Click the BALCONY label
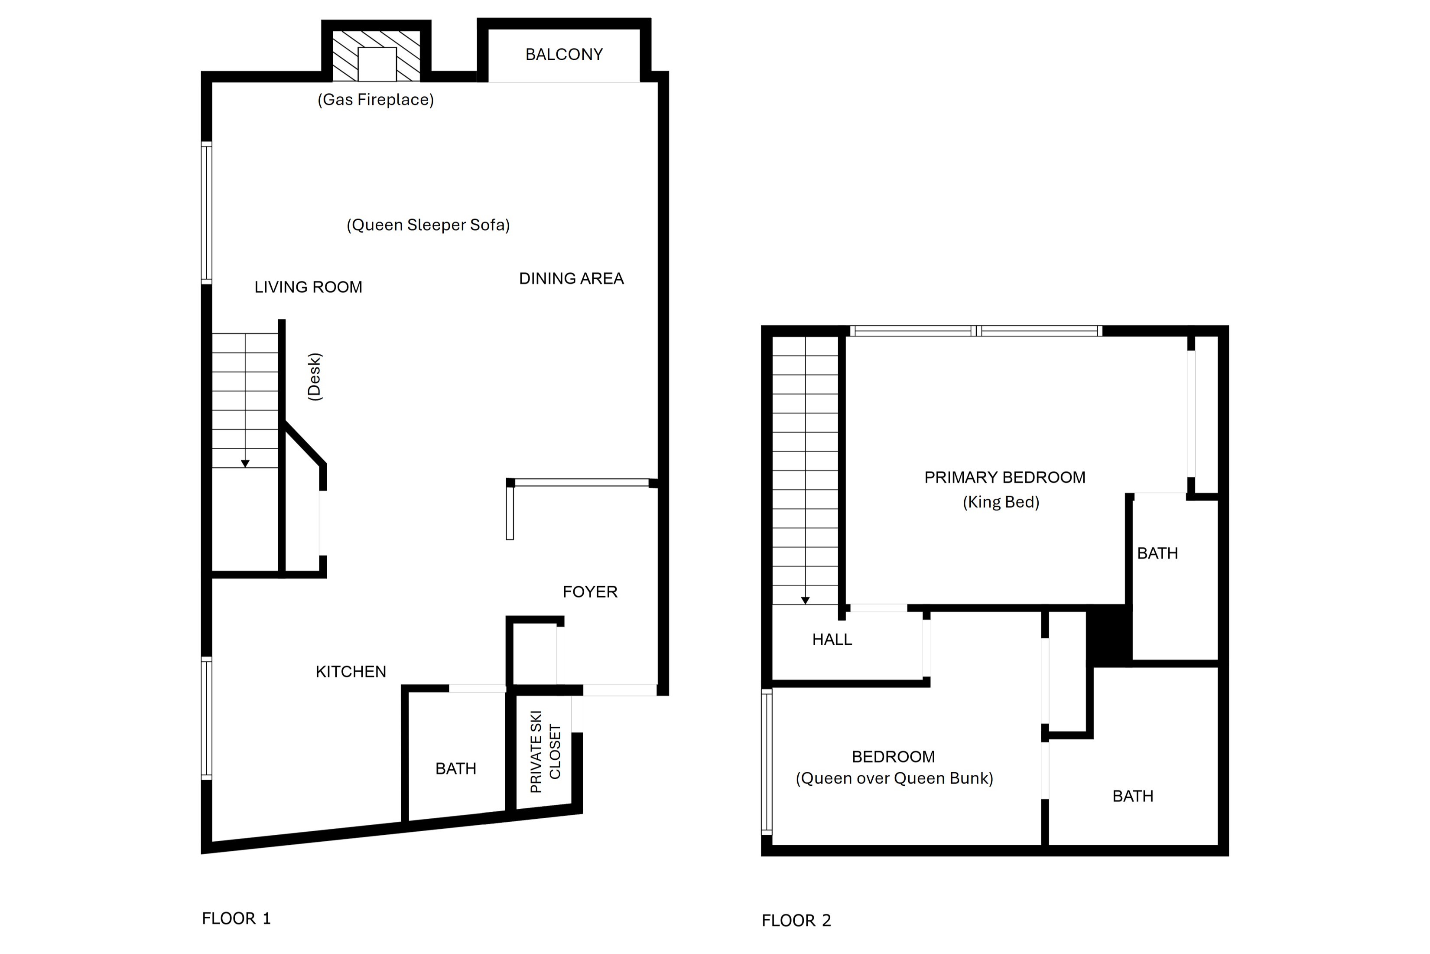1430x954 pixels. pyautogui.click(x=564, y=55)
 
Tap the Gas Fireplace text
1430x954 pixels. pyautogui.click(x=376, y=100)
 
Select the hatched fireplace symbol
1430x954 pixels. pyautogui.click(x=376, y=56)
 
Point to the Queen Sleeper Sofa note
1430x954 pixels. pyautogui.click(x=428, y=225)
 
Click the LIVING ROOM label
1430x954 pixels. pyautogui.click(x=308, y=287)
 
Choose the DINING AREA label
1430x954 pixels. pyautogui.click(x=572, y=279)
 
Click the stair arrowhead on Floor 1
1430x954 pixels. pyautogui.click(x=245, y=464)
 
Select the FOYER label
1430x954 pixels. pyautogui.click(x=590, y=592)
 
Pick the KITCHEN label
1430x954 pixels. pyautogui.click(x=351, y=672)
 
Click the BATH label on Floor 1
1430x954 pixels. pyautogui.click(x=455, y=769)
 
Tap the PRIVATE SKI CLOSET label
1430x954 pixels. pyautogui.click(x=546, y=751)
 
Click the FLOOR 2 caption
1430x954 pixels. pyautogui.click(x=796, y=921)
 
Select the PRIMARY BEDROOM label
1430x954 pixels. pyautogui.click(x=1004, y=477)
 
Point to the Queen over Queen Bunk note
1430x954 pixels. pyautogui.click(x=894, y=779)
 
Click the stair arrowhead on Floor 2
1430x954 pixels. pyautogui.click(x=805, y=601)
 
